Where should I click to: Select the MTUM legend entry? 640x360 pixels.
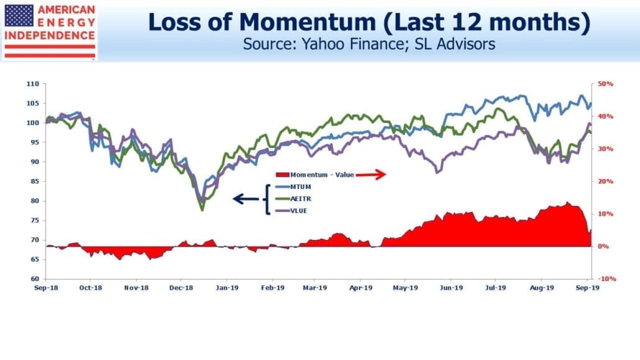coord(293,187)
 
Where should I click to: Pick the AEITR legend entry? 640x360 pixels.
coord(293,199)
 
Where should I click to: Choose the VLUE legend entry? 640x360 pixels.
coord(292,211)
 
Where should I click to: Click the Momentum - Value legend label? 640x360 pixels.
coord(315,175)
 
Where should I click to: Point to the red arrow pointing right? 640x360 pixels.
coord(370,175)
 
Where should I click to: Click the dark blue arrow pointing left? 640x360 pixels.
coord(245,199)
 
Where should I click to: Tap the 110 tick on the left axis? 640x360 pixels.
coord(33,84)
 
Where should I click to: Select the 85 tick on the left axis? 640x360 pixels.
coord(35,182)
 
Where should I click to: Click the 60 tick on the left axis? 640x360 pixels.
coord(35,279)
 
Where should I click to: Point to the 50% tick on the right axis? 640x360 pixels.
coord(605,84)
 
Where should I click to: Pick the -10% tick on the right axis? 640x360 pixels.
coord(606,279)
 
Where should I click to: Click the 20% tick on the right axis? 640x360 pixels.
coord(605,182)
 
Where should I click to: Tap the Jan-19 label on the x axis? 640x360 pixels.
coord(227,288)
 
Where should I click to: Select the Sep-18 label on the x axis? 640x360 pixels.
coord(46,288)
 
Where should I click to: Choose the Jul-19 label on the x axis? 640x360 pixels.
coord(495,288)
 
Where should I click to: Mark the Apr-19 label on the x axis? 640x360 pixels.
coord(361,288)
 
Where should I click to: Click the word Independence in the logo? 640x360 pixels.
coord(50,35)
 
